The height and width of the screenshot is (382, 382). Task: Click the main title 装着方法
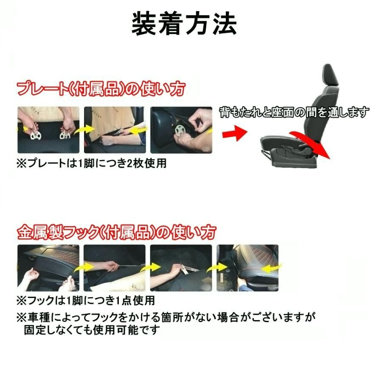pos(184,25)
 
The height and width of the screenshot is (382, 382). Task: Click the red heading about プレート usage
pos(101,89)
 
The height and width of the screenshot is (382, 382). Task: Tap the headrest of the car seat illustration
pos(331,74)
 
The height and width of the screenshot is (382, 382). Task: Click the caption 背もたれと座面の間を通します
pos(294,112)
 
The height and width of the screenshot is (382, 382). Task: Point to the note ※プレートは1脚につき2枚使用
pos(91,164)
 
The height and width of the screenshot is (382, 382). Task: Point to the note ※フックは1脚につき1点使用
pos(85,301)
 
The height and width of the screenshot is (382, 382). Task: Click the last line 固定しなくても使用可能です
pos(91,330)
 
